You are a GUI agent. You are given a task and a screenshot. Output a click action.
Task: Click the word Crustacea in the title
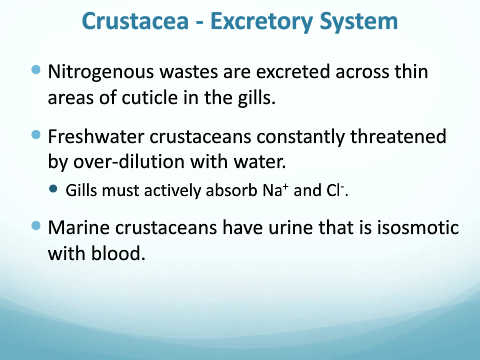point(135,21)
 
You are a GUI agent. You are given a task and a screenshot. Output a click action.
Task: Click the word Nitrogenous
point(101,73)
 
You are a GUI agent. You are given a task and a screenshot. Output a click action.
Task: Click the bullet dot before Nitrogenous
point(36,70)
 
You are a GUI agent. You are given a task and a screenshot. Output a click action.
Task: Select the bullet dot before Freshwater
point(36,135)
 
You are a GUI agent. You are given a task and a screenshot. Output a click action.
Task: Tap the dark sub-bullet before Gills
point(53,189)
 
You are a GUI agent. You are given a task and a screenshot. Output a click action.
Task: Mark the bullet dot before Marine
point(36,226)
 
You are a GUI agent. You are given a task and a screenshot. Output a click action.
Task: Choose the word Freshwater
point(96,137)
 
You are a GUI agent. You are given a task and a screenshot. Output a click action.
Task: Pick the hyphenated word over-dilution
point(128,162)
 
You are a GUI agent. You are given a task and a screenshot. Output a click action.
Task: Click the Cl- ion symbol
point(335,190)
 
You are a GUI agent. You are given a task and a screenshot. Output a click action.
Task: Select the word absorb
point(232,190)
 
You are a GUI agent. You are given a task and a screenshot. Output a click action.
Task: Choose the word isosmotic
point(418,228)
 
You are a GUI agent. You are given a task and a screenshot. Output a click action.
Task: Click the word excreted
point(293,72)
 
